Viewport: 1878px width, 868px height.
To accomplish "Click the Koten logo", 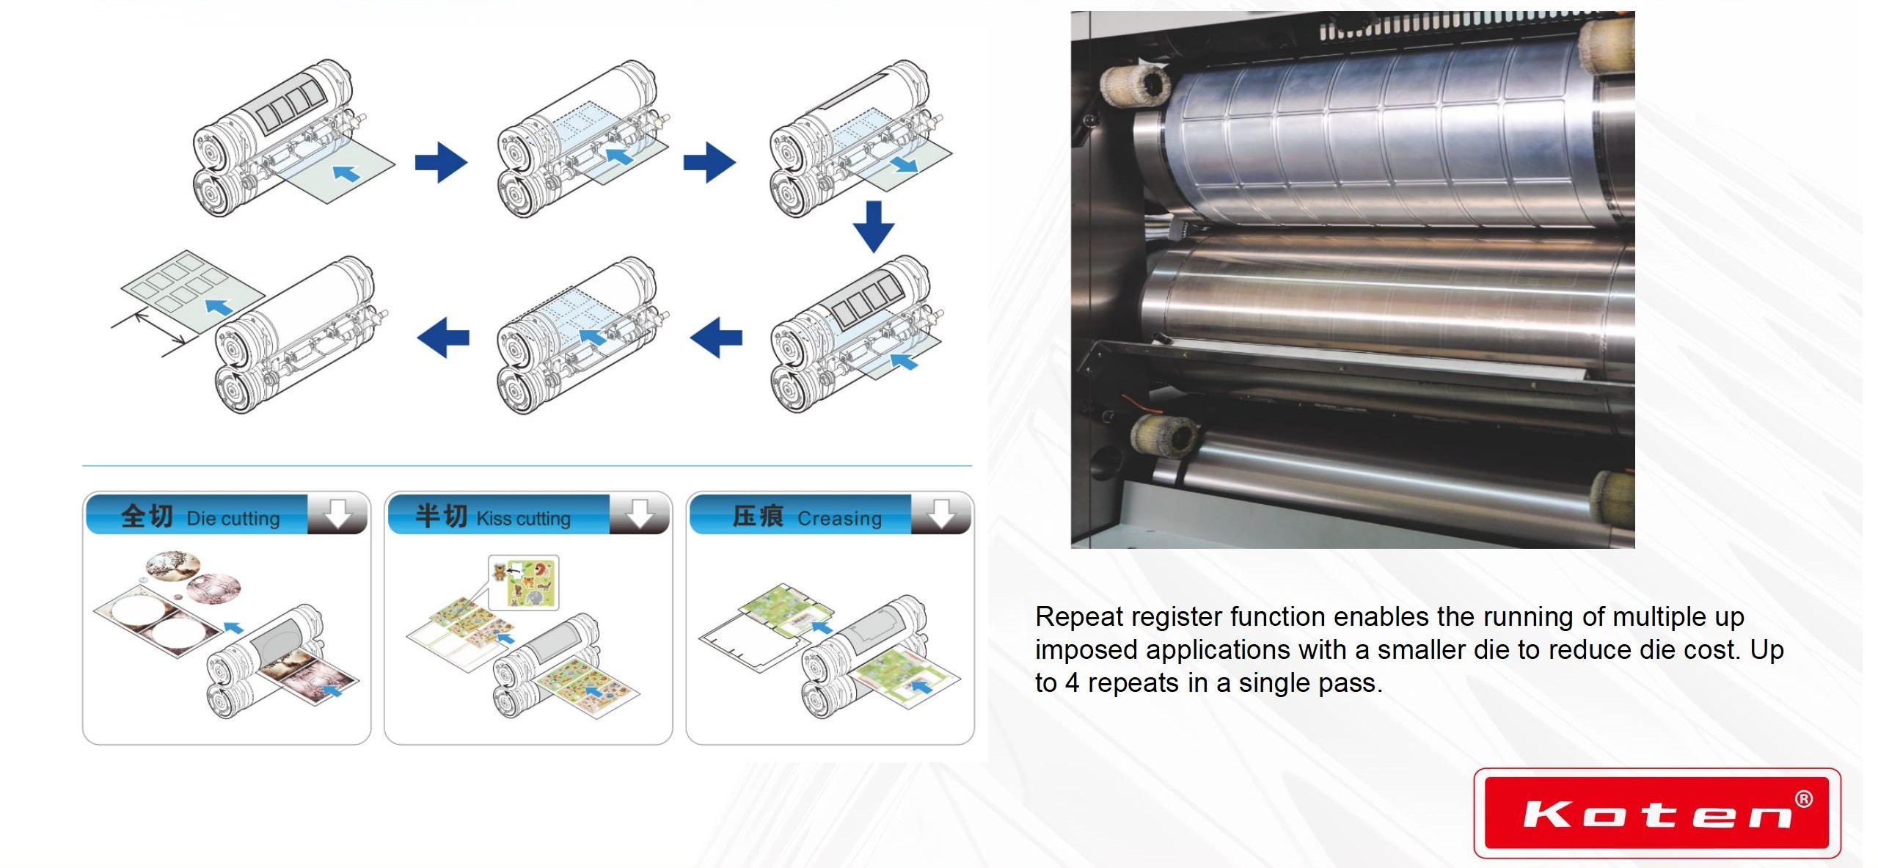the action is click(x=1657, y=813).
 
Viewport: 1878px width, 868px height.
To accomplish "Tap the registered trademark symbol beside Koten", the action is click(x=1803, y=799).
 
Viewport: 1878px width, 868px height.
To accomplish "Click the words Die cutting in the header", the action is click(x=233, y=519).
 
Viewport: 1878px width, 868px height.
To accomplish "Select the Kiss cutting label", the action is click(x=523, y=519).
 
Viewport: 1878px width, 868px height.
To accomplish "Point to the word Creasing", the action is click(x=839, y=519).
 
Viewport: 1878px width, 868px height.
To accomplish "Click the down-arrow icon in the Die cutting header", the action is click(x=337, y=513).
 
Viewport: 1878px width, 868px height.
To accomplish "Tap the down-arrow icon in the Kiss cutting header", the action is click(x=639, y=513).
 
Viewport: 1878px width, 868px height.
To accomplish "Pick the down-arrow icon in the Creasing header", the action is click(x=941, y=513).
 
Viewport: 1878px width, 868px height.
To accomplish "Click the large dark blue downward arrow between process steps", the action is click(x=873, y=227).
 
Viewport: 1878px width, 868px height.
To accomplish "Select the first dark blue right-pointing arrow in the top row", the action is click(x=441, y=162).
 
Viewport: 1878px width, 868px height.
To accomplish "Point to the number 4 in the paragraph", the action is click(x=1072, y=683).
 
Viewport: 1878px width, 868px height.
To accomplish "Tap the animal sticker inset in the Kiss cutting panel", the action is click(x=524, y=582).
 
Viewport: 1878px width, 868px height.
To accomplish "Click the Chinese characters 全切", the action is click(x=147, y=516).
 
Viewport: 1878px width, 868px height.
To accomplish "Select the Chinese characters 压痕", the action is click(x=758, y=516).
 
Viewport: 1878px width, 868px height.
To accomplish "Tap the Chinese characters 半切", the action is click(x=442, y=516).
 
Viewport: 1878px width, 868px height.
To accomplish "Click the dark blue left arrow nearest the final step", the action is click(x=443, y=338).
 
